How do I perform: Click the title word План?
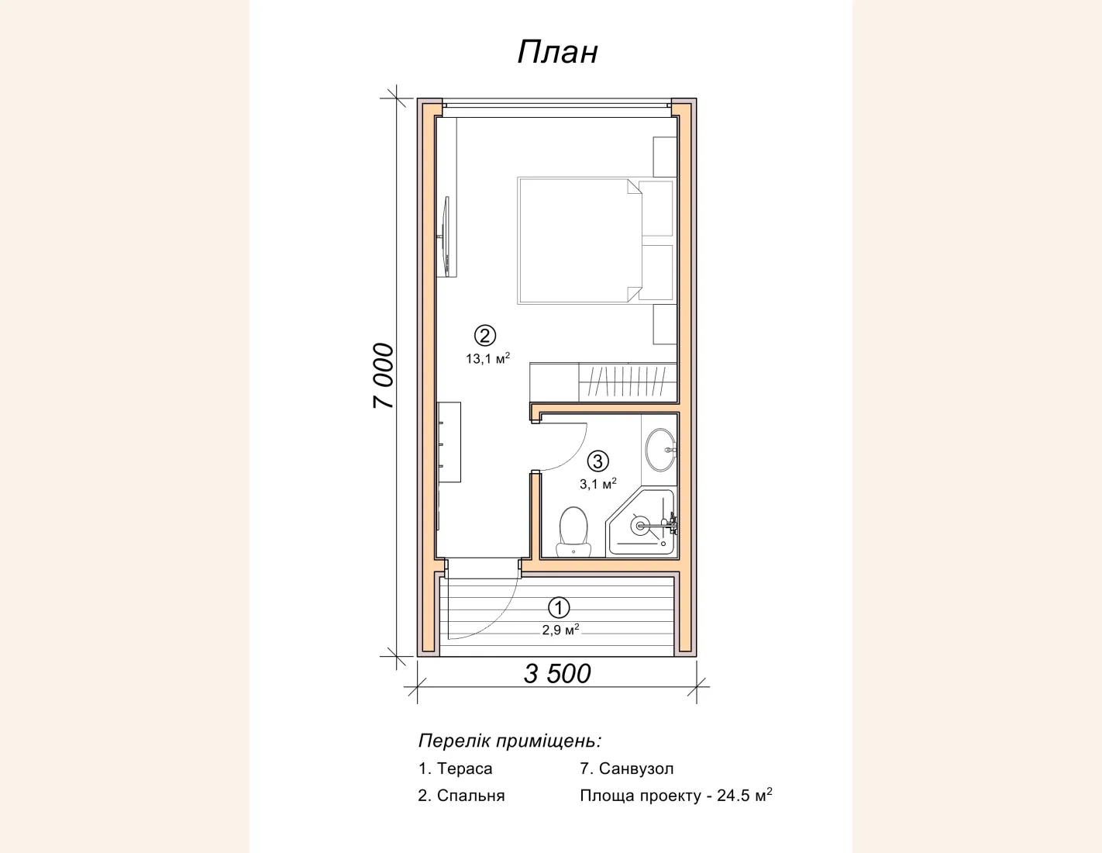557,52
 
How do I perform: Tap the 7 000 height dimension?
384,376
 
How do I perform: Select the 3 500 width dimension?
557,673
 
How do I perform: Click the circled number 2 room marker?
485,336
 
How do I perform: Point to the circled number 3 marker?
598,461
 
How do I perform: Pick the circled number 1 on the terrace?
559,607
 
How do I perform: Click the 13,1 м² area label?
488,358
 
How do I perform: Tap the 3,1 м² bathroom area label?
598,483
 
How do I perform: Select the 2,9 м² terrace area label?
561,629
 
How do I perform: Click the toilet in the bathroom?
573,531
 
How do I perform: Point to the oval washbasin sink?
660,450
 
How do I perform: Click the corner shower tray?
641,522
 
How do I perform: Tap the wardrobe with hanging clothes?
628,382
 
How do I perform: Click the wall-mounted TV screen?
91,237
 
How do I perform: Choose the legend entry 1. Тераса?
455,768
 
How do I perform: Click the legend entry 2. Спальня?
461,795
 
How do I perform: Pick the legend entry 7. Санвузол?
627,768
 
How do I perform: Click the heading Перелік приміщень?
510,741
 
